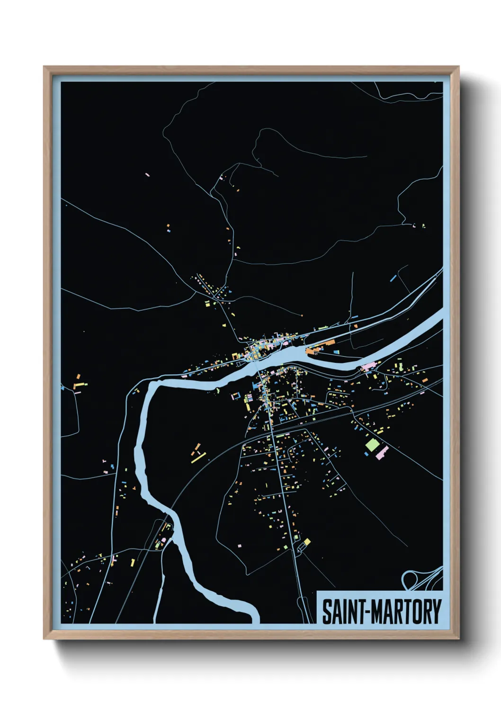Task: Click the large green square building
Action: (x=372, y=445)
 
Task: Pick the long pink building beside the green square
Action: (x=382, y=452)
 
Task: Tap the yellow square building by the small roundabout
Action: (x=307, y=541)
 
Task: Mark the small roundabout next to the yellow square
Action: (x=299, y=548)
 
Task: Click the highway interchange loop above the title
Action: (x=410, y=579)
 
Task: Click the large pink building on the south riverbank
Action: (x=368, y=366)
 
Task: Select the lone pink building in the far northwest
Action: (x=147, y=175)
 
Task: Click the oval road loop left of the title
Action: (x=302, y=606)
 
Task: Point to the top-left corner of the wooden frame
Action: (x=44, y=67)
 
